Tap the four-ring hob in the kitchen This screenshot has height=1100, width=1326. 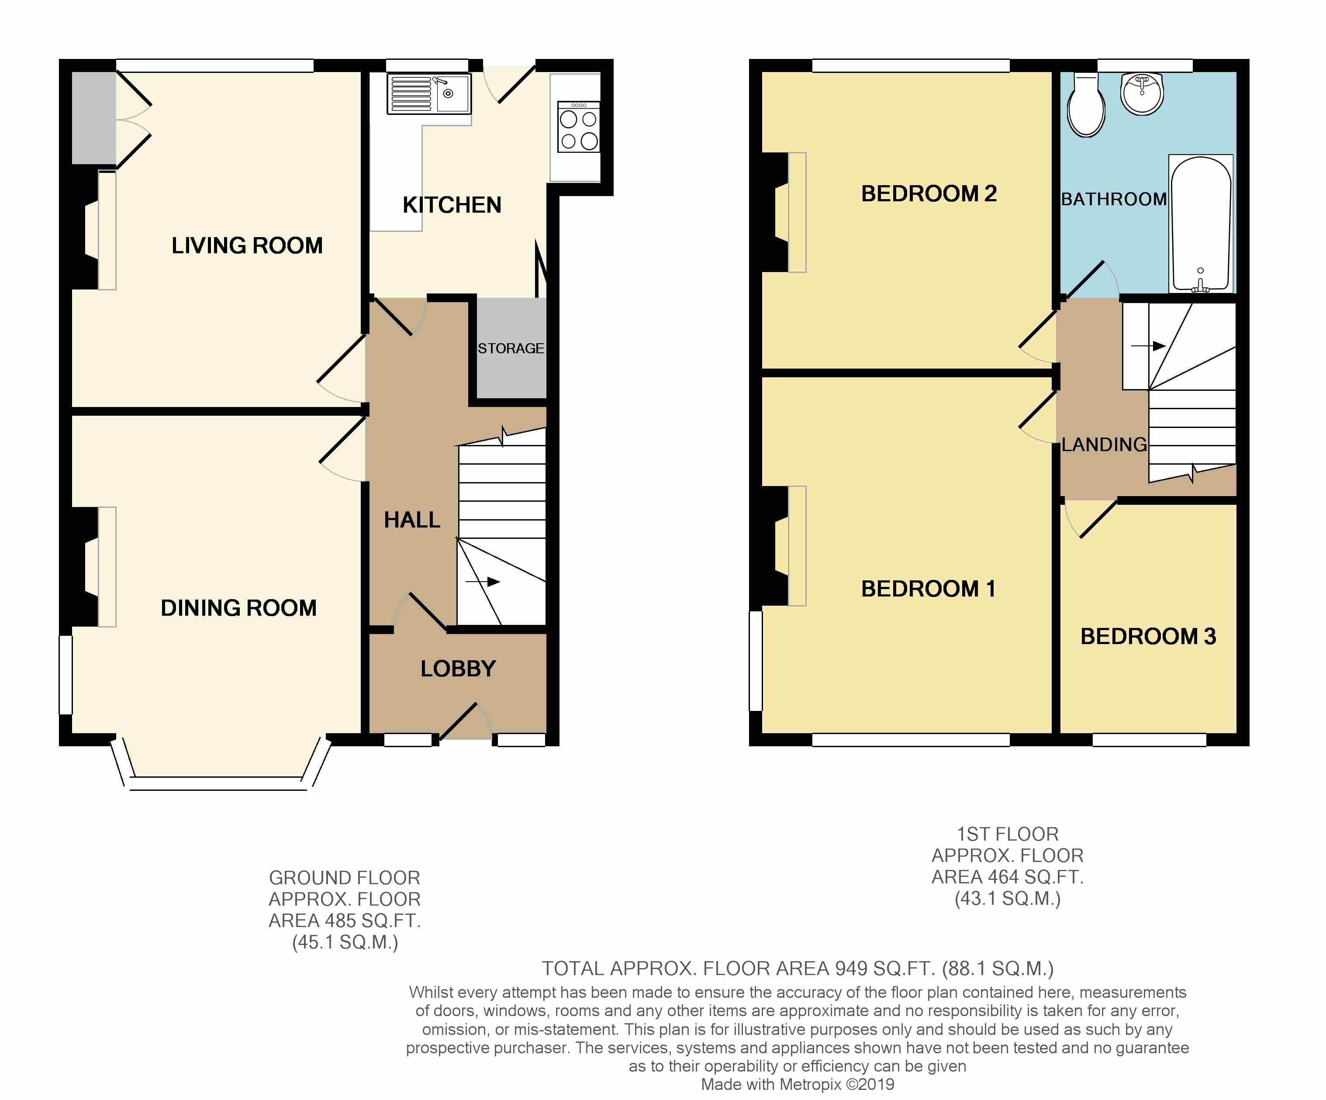(578, 127)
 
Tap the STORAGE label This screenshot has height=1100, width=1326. (511, 348)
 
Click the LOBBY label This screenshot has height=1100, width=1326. (459, 669)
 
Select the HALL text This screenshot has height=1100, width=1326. (412, 520)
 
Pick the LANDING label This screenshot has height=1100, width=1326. (1105, 445)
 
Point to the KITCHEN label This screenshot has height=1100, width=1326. (452, 205)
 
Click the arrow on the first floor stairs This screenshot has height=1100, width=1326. (1148, 346)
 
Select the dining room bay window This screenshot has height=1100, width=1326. (221, 776)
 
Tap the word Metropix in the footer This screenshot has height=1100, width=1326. (810, 1084)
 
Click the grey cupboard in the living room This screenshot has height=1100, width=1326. (93, 118)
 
